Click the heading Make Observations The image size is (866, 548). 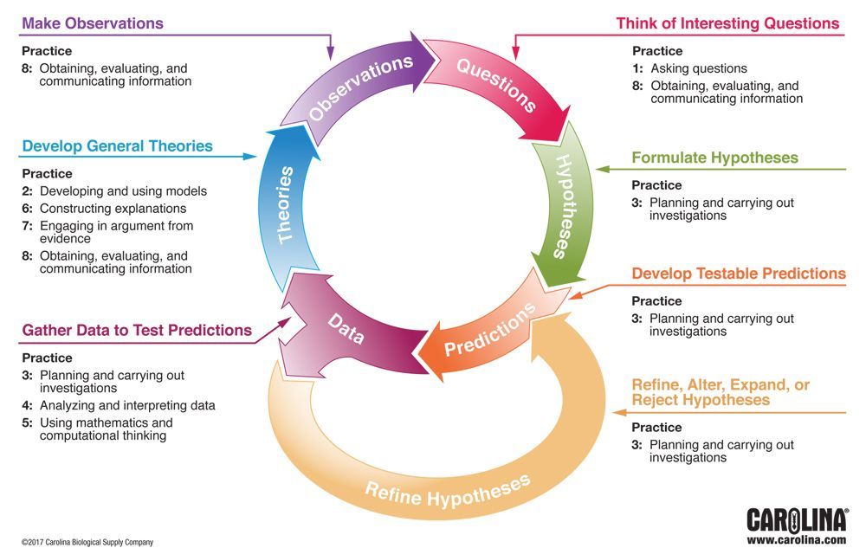coord(93,23)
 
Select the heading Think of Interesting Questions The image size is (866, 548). coord(727,23)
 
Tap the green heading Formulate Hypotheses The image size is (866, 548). coord(714,158)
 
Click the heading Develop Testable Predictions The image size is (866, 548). coord(738,274)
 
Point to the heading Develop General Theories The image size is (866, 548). coord(117,145)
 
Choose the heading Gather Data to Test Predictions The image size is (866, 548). coord(137,330)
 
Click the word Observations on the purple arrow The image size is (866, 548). coord(360,88)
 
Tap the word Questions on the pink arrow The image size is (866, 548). coord(496,84)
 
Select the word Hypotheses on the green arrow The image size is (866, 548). coord(561,206)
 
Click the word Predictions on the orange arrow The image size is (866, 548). coord(490,331)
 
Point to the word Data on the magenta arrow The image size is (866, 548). coord(346,330)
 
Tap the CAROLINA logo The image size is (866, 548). coord(796,519)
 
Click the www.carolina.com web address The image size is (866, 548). coord(796,539)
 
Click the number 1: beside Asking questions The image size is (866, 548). coord(637,68)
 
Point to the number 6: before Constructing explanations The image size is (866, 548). coord(28,209)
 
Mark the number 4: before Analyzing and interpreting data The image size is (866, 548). coord(28,405)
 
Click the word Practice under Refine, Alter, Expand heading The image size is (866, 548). coord(656,427)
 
